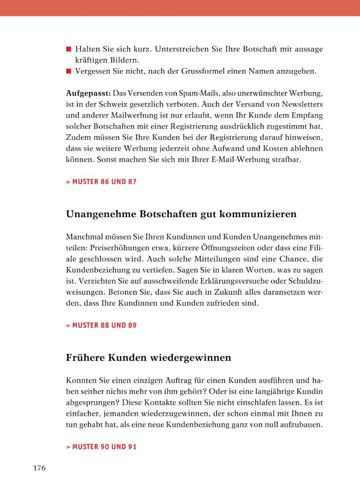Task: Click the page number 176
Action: click(x=39, y=468)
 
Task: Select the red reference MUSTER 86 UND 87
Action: click(x=101, y=182)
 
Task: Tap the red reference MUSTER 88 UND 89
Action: click(x=101, y=325)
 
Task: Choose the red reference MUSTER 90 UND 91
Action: click(x=101, y=446)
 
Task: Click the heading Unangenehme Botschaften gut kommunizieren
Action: click(x=181, y=214)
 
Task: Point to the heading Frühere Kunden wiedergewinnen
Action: click(x=148, y=357)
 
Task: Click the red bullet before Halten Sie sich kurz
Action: click(x=69, y=49)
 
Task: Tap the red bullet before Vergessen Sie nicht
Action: click(x=69, y=72)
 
